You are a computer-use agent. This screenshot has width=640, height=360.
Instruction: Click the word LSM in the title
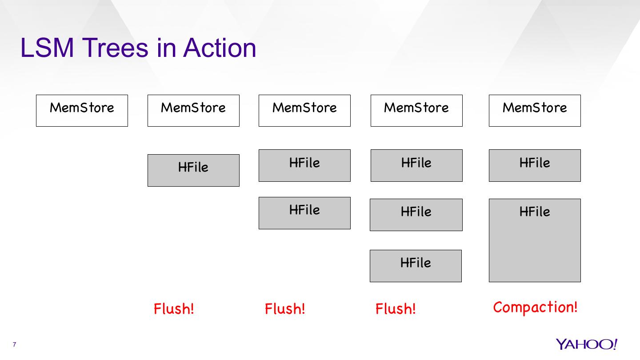(x=47, y=48)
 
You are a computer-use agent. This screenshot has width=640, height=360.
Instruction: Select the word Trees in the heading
(x=115, y=48)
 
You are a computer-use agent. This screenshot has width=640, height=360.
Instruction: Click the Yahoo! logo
(x=586, y=344)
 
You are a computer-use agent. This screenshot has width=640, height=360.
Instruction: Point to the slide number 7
(x=15, y=345)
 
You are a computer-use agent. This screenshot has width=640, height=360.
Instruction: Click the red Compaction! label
(x=535, y=307)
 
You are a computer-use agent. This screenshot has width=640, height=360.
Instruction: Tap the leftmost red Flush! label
(x=174, y=308)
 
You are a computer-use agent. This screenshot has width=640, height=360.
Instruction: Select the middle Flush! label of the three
(x=285, y=308)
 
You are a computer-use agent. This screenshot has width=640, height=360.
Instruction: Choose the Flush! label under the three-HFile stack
(x=396, y=308)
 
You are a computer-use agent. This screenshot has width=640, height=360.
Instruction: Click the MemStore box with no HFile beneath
(x=82, y=111)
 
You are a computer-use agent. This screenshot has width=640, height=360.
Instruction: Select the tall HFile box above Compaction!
(x=535, y=240)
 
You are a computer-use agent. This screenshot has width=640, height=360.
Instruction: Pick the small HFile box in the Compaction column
(x=535, y=165)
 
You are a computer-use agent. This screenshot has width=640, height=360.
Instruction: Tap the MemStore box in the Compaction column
(x=535, y=111)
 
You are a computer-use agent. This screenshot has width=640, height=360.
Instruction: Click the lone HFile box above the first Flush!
(x=193, y=170)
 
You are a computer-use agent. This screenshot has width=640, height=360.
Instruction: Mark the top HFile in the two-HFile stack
(x=304, y=165)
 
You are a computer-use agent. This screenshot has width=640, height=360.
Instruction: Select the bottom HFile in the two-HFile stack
(x=304, y=213)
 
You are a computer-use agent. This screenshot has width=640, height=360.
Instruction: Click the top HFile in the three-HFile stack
(x=416, y=165)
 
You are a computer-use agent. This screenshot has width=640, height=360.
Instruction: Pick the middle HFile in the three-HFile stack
(x=416, y=215)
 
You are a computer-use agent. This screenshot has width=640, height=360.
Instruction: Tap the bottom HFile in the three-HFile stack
(x=416, y=266)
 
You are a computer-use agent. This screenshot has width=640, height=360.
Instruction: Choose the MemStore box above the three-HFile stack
(x=416, y=111)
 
